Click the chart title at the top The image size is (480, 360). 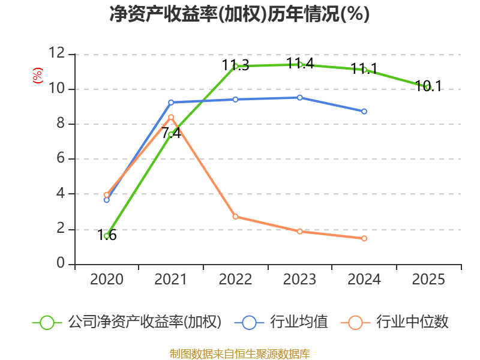pyautogui.click(x=239, y=14)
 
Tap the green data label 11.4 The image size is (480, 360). pyautogui.click(x=300, y=63)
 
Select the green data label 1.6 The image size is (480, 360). pyautogui.click(x=107, y=235)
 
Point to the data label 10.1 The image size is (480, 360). pyautogui.click(x=428, y=86)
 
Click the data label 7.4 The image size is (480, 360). pyautogui.click(x=171, y=133)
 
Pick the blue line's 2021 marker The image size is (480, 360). pyautogui.click(x=171, y=103)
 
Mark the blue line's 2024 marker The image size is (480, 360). pyautogui.click(x=364, y=112)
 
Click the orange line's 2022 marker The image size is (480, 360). pyautogui.click(x=235, y=217)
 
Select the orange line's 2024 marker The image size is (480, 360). pyautogui.click(x=364, y=238)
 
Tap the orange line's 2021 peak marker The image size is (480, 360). pyautogui.click(x=171, y=117)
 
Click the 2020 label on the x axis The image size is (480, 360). pyautogui.click(x=107, y=280)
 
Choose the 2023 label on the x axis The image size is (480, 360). pyautogui.click(x=300, y=280)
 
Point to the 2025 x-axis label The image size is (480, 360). pyautogui.click(x=428, y=280)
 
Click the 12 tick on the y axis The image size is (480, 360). pyautogui.click(x=56, y=54)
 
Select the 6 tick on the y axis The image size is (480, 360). pyautogui.click(x=60, y=159)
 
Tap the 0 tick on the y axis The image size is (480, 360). pyautogui.click(x=60, y=264)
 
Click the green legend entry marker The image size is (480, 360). pyautogui.click(x=47, y=322)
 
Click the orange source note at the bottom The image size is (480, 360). pyautogui.click(x=239, y=353)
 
